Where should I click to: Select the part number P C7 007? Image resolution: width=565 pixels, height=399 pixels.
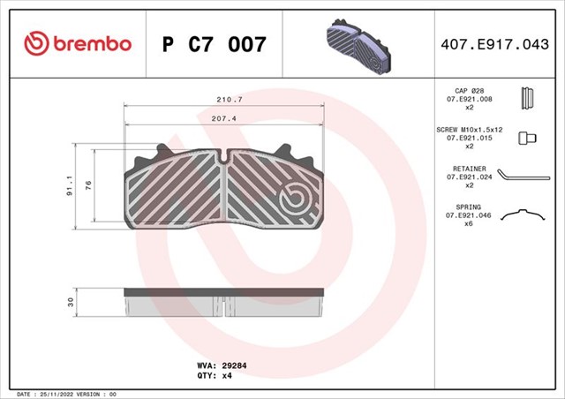point(214,43)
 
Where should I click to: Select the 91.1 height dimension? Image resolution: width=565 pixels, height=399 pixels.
point(68,186)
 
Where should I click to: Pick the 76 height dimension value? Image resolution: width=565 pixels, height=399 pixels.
point(87,184)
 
